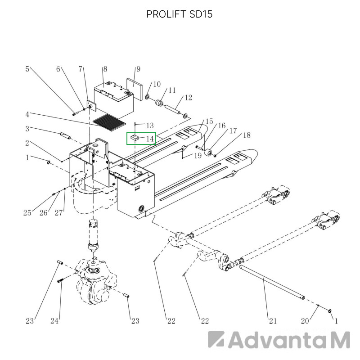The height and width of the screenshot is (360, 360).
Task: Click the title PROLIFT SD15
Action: click(x=179, y=14)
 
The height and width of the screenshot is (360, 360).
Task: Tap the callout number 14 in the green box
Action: click(x=150, y=139)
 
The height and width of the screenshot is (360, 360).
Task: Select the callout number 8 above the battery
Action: click(x=105, y=69)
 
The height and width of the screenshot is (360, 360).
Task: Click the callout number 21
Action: click(x=273, y=321)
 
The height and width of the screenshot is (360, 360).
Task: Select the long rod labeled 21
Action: click(x=272, y=282)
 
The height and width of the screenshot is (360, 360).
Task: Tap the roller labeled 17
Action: click(x=208, y=153)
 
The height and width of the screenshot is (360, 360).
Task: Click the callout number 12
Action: click(x=188, y=98)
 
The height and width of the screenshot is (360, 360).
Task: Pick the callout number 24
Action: click(x=54, y=321)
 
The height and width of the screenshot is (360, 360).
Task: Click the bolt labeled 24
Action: click(x=60, y=280)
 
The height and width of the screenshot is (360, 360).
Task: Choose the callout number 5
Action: click(x=27, y=69)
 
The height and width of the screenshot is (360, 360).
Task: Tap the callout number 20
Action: click(x=305, y=321)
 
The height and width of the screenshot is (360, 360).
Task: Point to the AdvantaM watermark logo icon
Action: click(x=216, y=339)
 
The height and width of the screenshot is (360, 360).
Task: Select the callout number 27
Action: click(x=58, y=213)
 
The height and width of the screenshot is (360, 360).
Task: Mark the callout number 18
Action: click(x=247, y=135)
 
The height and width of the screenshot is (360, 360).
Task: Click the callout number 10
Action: click(x=157, y=84)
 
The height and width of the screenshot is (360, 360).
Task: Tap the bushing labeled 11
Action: click(x=159, y=103)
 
